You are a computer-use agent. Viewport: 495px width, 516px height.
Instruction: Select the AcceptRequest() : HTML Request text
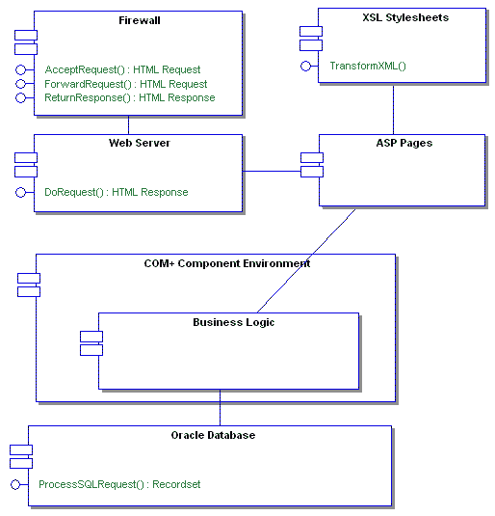122,69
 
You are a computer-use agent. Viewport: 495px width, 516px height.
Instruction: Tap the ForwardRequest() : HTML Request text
125,84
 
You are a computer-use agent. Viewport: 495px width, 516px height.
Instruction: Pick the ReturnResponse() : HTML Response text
129,97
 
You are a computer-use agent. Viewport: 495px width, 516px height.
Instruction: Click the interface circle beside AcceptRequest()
20,69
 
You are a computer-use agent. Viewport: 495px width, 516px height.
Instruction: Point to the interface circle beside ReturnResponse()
20,97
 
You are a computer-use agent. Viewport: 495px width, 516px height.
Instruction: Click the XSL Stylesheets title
404,17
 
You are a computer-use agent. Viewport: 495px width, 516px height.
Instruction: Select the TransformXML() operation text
368,66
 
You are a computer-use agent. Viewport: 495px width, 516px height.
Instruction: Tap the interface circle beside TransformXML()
305,66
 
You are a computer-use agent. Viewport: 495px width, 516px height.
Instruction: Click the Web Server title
140,143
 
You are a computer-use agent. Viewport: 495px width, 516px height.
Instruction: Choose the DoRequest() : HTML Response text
116,192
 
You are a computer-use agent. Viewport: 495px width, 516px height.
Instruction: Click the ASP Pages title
404,143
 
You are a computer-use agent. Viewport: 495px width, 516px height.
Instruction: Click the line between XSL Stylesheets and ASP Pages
393,110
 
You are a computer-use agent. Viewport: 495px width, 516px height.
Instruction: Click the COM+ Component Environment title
220,263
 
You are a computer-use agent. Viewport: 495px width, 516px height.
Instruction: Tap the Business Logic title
233,322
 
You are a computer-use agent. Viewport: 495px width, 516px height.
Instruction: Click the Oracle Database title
213,435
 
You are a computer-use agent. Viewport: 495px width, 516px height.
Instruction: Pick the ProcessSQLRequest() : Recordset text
119,484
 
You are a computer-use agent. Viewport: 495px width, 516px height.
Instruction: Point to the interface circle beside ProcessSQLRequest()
14,484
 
